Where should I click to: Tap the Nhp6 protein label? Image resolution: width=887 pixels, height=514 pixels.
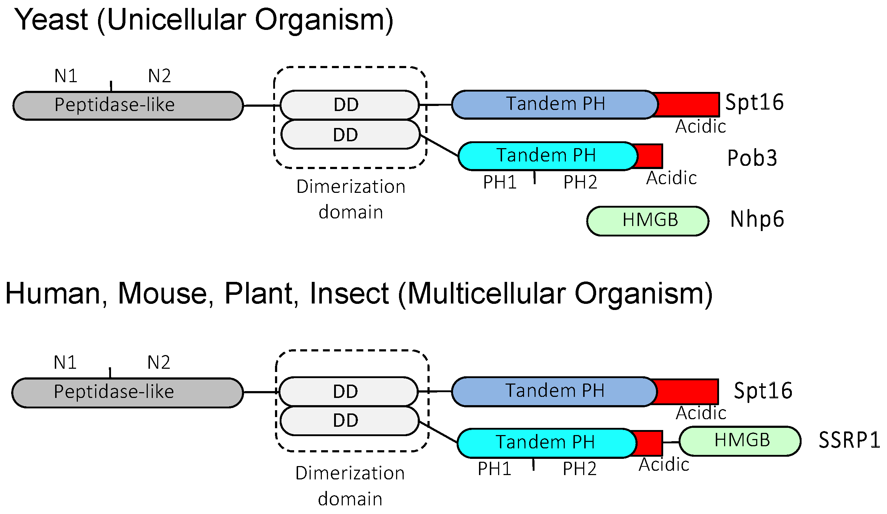tap(757, 219)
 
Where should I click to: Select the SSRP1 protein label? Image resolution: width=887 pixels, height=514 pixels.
tap(849, 440)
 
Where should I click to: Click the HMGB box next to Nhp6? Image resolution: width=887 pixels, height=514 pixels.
tap(648, 221)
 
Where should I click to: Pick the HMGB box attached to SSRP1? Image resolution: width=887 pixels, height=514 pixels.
tap(740, 441)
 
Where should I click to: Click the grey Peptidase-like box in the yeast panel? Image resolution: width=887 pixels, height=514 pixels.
tap(128, 105)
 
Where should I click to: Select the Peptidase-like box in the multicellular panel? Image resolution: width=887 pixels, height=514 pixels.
tap(127, 392)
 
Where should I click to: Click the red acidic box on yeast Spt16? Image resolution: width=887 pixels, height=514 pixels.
tap(688, 105)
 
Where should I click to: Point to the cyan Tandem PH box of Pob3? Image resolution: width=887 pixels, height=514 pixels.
tap(546, 156)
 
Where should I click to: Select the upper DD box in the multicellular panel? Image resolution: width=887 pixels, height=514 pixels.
tap(348, 391)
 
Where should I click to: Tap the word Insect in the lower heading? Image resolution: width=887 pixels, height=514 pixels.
tap(349, 294)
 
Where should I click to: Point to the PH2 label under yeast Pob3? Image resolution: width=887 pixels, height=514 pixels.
tap(580, 182)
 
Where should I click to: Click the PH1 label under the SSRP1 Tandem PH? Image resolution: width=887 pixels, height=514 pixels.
tap(494, 469)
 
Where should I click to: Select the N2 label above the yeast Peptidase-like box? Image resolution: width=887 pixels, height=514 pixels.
tap(159, 76)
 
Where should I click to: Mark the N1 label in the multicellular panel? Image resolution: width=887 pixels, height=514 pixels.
tap(65, 362)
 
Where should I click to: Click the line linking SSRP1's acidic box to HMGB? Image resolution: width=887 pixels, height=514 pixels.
tap(671, 442)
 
